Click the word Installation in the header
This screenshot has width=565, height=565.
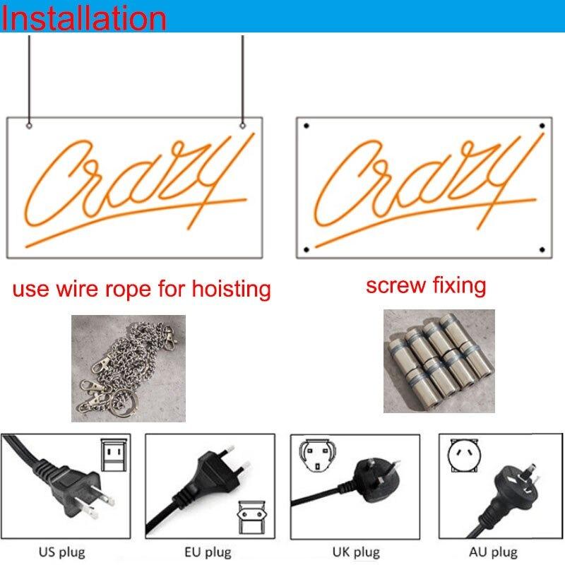(x=83, y=18)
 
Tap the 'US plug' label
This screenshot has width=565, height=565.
(x=62, y=552)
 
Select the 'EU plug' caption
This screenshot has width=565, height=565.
(x=208, y=552)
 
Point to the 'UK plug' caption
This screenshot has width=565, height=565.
(x=356, y=552)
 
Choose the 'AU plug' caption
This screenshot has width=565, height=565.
(x=493, y=552)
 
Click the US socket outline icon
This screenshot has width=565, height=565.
(x=114, y=455)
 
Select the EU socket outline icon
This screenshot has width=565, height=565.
(x=251, y=518)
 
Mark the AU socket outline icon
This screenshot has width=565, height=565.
(x=464, y=455)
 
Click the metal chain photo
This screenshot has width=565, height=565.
(x=129, y=368)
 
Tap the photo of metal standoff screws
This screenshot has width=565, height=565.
(x=439, y=361)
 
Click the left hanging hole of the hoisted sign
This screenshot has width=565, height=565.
(x=29, y=126)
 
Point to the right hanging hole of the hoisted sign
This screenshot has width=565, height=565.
(x=242, y=126)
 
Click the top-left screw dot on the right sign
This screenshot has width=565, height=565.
(x=307, y=126)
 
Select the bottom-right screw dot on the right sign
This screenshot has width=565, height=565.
(x=542, y=249)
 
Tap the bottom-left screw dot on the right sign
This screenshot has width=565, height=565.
(x=307, y=249)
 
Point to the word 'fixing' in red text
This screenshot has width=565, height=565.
(x=459, y=286)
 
